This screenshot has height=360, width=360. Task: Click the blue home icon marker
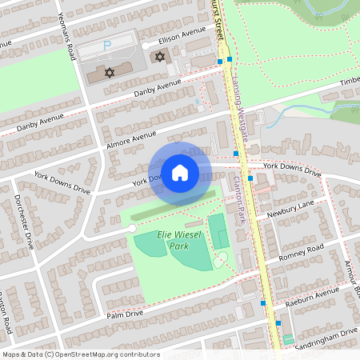[x=180, y=172]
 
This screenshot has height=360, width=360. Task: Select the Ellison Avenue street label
[x=182, y=37]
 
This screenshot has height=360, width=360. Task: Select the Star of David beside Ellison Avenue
[x=159, y=57]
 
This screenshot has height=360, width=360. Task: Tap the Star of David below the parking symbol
[x=110, y=73]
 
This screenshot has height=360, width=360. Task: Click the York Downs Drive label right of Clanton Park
[x=292, y=168]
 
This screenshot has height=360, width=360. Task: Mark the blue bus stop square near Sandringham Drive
[x=278, y=323]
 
